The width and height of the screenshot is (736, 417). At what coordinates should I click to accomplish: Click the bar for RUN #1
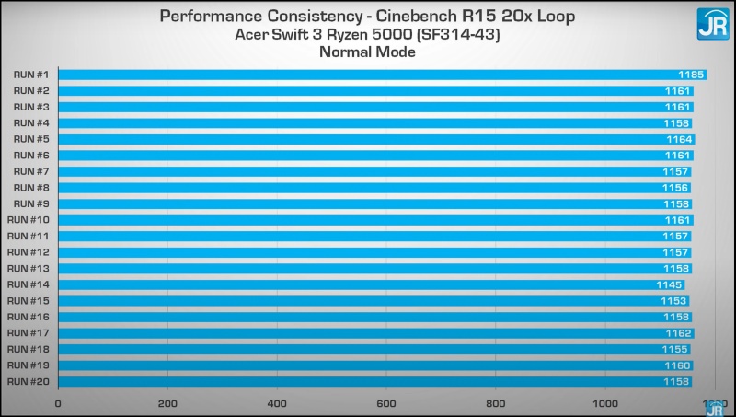[368, 74]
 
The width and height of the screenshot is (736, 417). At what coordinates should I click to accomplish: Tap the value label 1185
[691, 74]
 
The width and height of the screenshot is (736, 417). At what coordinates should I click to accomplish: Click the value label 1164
[680, 139]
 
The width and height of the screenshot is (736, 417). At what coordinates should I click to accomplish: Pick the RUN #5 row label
[31, 139]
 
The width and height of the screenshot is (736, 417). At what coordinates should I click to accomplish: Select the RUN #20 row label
[29, 381]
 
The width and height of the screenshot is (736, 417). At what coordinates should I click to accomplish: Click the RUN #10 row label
[29, 219]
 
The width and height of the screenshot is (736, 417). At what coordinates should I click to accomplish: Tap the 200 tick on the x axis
[167, 403]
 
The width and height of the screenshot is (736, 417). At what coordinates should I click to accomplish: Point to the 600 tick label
[386, 403]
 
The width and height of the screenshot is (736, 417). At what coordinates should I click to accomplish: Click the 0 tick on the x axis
[58, 403]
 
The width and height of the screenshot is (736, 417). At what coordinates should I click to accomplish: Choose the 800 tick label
[496, 403]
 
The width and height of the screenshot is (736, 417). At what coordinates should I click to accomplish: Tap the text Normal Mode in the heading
[367, 52]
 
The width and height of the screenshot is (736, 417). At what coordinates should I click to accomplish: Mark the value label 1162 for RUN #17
[678, 333]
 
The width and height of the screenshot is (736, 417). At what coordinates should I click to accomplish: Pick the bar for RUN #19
[368, 365]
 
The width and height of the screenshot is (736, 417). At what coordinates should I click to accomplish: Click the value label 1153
[674, 301]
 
